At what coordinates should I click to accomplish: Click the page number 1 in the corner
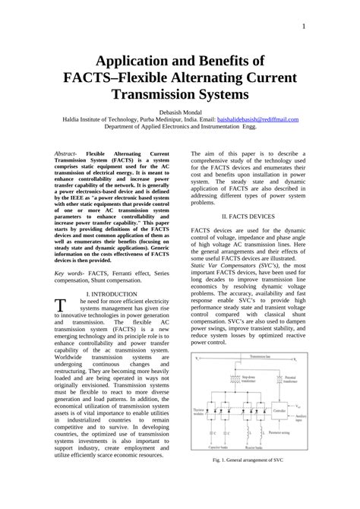(x=303, y=27)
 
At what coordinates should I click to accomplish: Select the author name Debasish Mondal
(x=179, y=112)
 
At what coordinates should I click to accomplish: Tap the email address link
(x=257, y=119)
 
